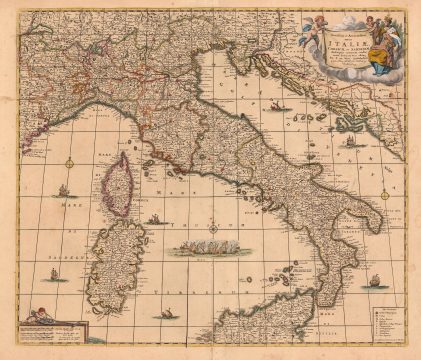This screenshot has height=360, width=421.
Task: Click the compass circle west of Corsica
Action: click(x=68, y=159)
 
